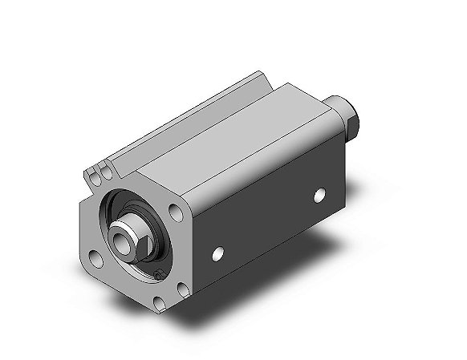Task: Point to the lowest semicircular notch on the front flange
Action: coord(158,303)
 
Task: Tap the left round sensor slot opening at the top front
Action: coord(91,172)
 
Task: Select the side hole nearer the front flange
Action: coord(217,253)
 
